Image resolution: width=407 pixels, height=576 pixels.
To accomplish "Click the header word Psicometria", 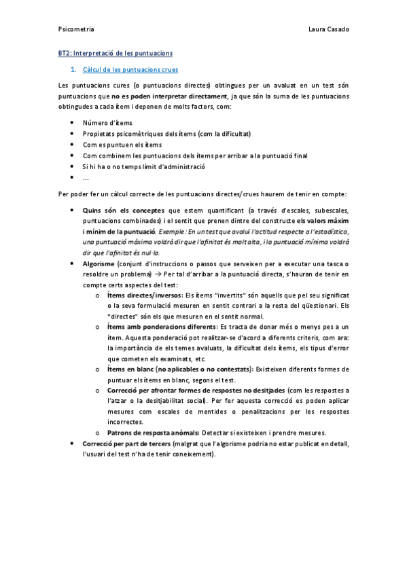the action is (76, 29).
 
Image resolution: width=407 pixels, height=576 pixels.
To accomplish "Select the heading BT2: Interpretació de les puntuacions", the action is (116, 52).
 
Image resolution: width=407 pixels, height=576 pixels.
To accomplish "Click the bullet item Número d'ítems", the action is (107, 122).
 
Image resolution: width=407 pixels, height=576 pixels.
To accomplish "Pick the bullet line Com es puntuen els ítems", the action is (122, 145).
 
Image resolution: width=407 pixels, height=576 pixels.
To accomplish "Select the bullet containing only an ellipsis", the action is (86, 178).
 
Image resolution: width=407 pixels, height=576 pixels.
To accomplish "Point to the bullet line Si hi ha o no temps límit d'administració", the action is (143, 166).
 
